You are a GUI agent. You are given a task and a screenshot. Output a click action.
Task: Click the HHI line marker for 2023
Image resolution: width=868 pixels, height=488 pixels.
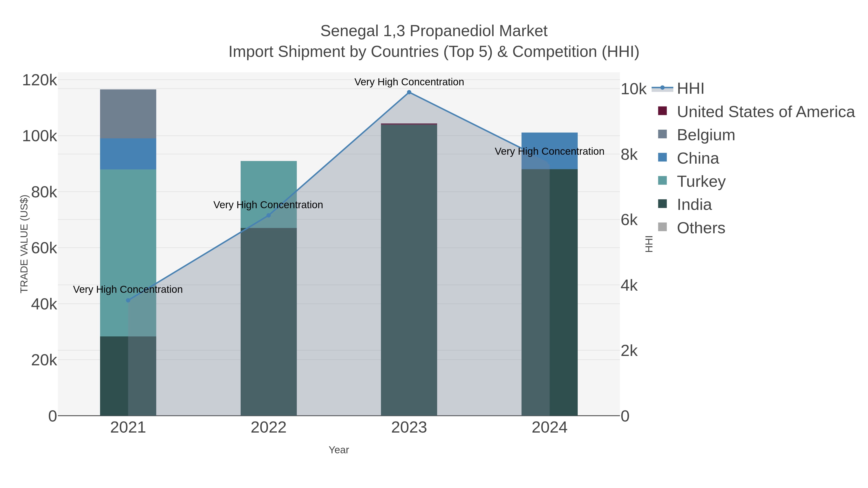coord(409,92)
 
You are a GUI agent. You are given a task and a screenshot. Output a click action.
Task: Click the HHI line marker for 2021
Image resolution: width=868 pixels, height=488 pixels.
coord(128,301)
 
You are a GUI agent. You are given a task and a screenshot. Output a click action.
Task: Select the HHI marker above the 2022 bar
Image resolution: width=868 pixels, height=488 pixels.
coord(269,215)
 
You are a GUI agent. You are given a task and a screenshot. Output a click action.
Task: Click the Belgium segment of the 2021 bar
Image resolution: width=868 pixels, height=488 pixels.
coord(128,114)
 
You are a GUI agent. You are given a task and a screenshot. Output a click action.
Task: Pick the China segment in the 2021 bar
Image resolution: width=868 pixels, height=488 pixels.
coord(128,154)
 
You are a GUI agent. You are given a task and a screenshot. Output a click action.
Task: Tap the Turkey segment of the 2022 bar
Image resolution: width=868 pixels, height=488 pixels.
coord(269,189)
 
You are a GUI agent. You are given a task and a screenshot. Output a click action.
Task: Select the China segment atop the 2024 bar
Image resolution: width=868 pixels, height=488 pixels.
coord(549,141)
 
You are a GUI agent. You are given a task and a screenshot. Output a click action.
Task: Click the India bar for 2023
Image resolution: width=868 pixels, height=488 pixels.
coord(409,269)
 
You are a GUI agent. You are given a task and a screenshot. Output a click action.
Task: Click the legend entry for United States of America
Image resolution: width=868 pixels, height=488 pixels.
coord(765,112)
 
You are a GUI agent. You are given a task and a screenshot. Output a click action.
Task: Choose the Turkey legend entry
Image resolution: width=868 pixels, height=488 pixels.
coord(701,181)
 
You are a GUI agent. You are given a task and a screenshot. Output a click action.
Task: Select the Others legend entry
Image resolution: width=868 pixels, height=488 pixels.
coord(701,228)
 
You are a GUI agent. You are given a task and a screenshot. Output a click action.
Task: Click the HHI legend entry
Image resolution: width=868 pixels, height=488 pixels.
coord(690,89)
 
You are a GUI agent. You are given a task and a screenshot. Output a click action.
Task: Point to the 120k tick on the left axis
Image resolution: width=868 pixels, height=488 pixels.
coord(40,80)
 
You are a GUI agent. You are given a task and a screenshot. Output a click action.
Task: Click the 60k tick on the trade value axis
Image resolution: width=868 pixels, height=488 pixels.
coord(44,248)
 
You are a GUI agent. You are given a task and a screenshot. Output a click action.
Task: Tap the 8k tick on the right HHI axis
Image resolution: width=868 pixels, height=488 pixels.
coord(629,155)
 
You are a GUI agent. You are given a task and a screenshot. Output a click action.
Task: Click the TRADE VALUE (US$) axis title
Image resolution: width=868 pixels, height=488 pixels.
coord(24,244)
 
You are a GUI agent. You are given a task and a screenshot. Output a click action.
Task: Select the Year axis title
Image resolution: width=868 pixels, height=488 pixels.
coord(339,450)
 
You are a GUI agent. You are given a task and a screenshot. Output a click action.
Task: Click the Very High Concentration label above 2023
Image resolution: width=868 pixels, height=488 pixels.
coord(409,82)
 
